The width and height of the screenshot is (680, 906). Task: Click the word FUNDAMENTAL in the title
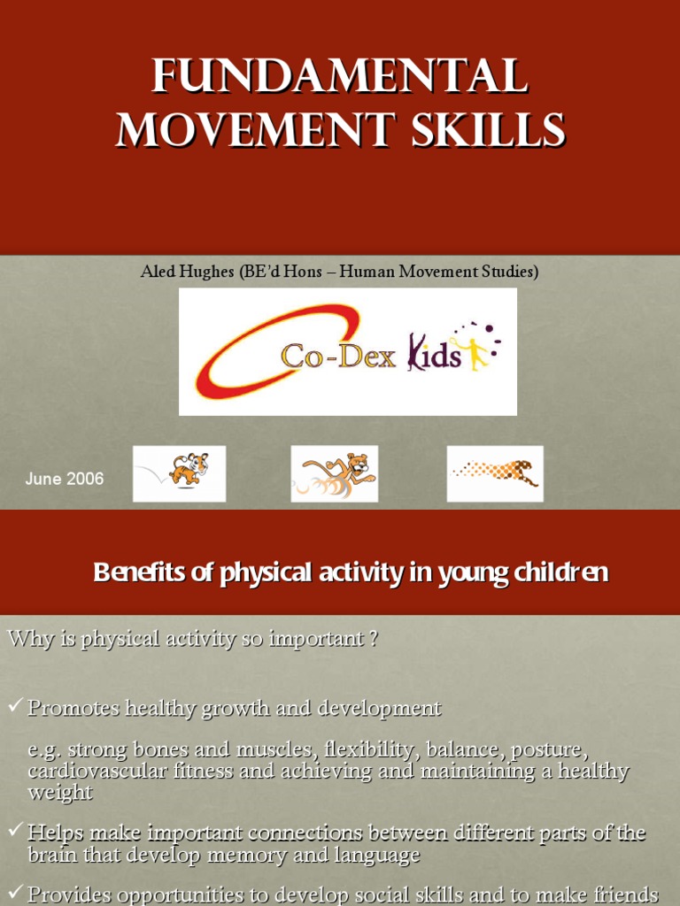pyautogui.click(x=340, y=77)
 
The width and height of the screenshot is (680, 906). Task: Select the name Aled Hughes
pyautogui.click(x=187, y=273)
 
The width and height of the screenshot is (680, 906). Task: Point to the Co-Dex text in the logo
pyautogui.click(x=337, y=356)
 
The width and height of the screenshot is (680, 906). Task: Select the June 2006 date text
pyautogui.click(x=65, y=479)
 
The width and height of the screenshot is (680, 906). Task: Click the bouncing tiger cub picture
pyautogui.click(x=180, y=473)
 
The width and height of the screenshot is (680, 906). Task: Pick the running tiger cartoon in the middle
pyautogui.click(x=335, y=473)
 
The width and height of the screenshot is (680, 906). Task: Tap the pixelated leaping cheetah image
pyautogui.click(x=495, y=473)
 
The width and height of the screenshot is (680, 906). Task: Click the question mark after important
pyautogui.click(x=375, y=640)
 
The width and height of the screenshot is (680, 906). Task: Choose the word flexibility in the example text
pyautogui.click(x=370, y=750)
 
